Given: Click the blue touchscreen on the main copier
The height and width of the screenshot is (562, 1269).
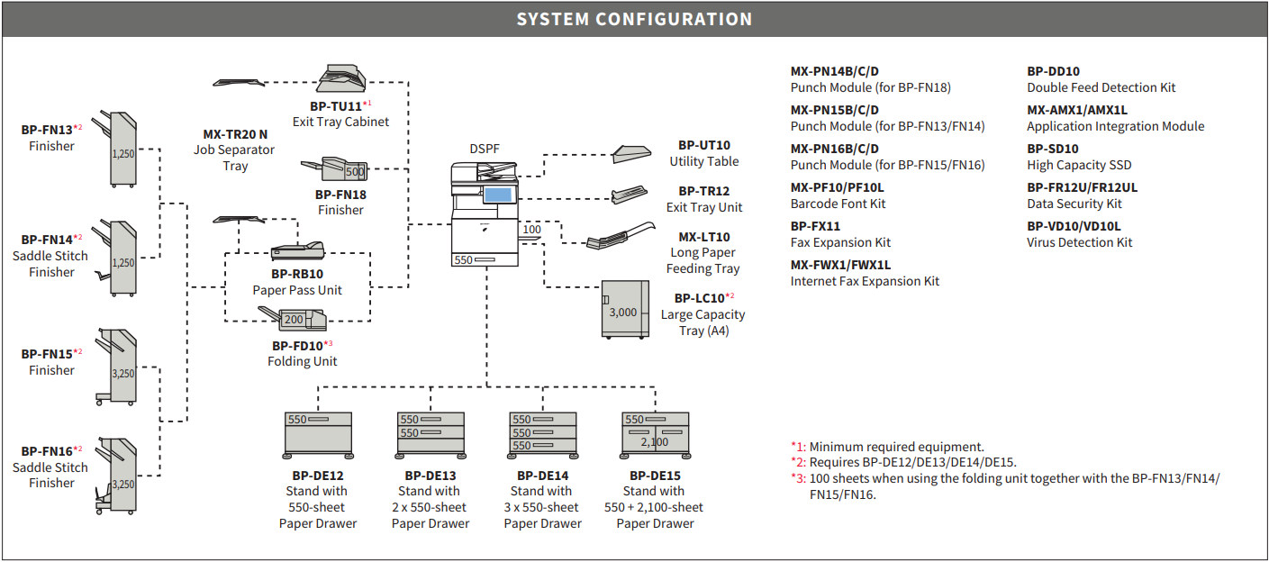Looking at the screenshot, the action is point(498,195).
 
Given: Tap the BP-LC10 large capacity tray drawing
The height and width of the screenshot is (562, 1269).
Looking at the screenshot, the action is point(625,309).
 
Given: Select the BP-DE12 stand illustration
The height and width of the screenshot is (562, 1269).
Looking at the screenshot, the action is point(318,435).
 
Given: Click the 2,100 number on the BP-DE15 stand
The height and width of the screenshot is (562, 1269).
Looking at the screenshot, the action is point(655,442).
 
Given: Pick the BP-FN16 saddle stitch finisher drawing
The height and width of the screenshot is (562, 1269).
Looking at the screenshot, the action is point(116,476).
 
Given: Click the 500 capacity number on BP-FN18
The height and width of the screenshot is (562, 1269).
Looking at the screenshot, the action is point(355,172).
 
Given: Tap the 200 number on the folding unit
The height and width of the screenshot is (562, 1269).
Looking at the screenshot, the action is point(294,320).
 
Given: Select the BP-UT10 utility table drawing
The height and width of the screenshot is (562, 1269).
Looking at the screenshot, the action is point(631,154).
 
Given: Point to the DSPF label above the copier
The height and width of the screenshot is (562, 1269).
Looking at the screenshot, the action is point(485,149).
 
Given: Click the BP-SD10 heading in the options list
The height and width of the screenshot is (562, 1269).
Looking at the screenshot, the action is point(1053,149).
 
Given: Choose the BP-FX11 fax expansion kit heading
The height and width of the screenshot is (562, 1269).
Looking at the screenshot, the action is point(815,227).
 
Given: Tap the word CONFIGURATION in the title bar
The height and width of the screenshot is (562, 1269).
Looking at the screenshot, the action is point(674,19).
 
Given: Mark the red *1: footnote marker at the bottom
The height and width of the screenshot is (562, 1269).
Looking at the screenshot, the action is point(798,447).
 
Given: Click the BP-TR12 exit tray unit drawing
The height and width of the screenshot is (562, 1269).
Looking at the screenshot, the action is point(629,195).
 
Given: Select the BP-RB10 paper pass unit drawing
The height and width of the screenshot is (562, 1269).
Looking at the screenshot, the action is point(297,251).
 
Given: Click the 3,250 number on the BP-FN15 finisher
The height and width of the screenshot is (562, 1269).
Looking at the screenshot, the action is point(122,374).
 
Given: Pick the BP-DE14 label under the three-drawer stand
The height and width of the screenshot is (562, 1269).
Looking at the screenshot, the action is point(543,476).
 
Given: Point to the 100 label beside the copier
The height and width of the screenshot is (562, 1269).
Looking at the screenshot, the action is point(531,230).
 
